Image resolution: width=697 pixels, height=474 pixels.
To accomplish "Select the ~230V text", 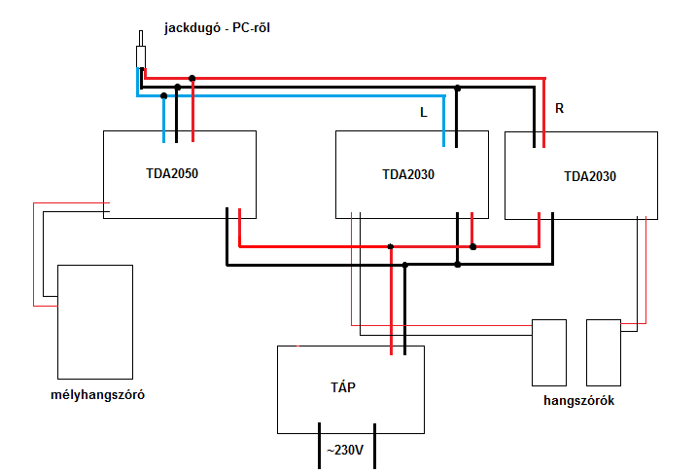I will (347, 451).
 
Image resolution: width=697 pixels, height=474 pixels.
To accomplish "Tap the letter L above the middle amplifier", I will (423, 113).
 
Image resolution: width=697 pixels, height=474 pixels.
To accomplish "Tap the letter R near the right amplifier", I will (559, 108).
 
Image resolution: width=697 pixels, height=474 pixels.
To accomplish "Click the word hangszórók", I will (576, 400).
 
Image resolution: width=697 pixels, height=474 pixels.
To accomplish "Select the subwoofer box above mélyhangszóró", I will (95, 321).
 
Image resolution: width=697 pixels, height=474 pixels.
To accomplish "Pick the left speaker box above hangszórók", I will (549, 351).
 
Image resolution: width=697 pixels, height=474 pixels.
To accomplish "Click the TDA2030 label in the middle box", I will (408, 175).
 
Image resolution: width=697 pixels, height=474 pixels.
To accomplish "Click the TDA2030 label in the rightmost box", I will (590, 177).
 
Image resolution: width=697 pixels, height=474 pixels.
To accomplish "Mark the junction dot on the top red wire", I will (192, 78).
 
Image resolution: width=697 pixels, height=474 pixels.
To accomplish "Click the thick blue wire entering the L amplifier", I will (444, 122).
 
